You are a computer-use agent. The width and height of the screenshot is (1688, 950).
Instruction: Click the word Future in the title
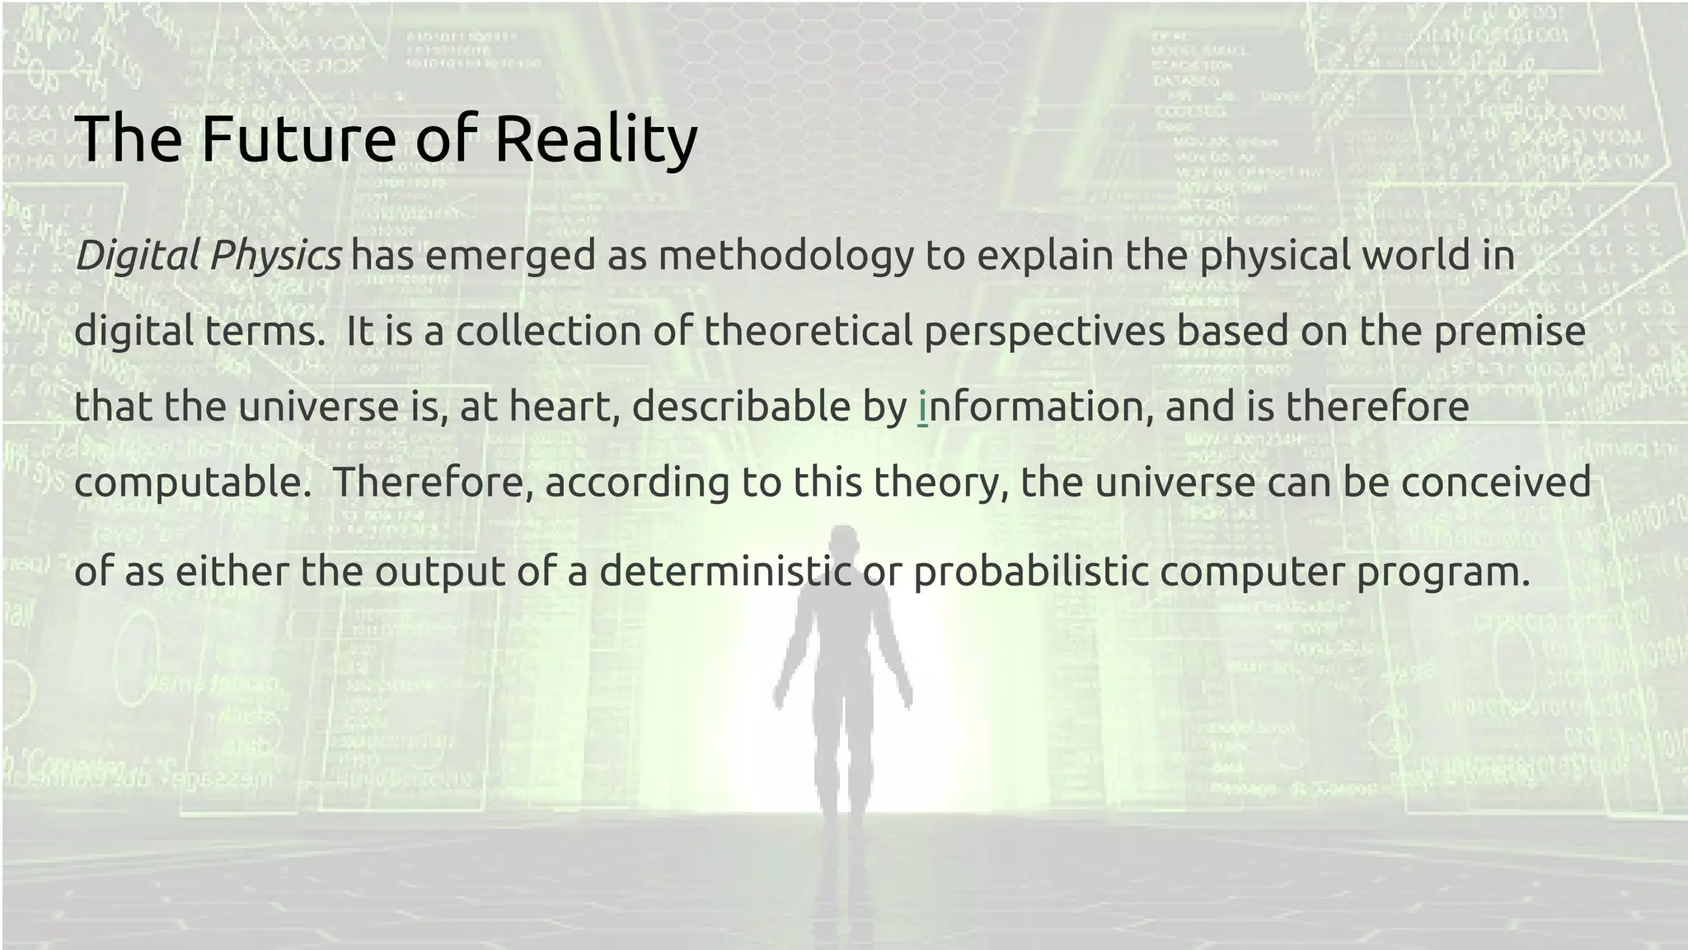pos(298,138)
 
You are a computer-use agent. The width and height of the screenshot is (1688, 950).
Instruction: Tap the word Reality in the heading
pos(595,138)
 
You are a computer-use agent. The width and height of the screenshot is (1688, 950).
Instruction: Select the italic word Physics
pos(275,256)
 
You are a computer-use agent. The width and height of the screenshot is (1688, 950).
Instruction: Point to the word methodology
pos(786,256)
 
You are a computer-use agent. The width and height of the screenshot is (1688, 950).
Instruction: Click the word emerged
pos(510,256)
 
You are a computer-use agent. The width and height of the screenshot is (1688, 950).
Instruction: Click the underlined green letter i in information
pos(922,407)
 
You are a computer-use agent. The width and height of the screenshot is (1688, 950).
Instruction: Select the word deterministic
pos(725,571)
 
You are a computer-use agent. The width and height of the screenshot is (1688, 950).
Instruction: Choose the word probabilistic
pos(1031,571)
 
